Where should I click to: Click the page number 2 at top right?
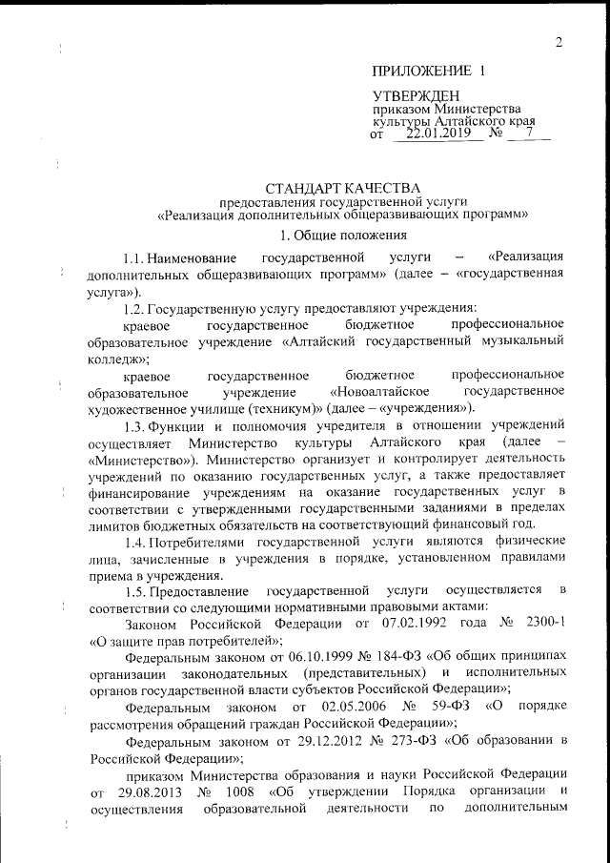tap(559, 40)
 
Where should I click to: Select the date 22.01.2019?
tap(431, 134)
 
